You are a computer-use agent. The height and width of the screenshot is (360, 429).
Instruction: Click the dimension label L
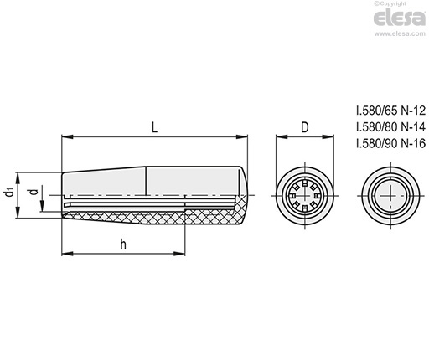(155, 127)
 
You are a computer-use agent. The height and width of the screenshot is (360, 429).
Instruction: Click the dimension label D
(305, 127)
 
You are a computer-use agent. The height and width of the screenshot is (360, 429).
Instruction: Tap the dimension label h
(123, 244)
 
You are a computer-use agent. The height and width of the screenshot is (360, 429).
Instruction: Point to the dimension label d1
(9, 193)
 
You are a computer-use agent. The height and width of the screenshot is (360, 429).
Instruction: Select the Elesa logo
(400, 18)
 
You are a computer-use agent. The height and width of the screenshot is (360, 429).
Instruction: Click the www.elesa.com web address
(400, 33)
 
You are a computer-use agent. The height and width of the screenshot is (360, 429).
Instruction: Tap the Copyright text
(390, 3)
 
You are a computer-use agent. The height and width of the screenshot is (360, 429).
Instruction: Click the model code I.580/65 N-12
(390, 111)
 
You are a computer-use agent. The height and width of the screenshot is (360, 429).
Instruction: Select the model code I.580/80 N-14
(390, 127)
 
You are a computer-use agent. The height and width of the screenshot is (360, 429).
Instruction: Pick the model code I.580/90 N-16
(390, 143)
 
